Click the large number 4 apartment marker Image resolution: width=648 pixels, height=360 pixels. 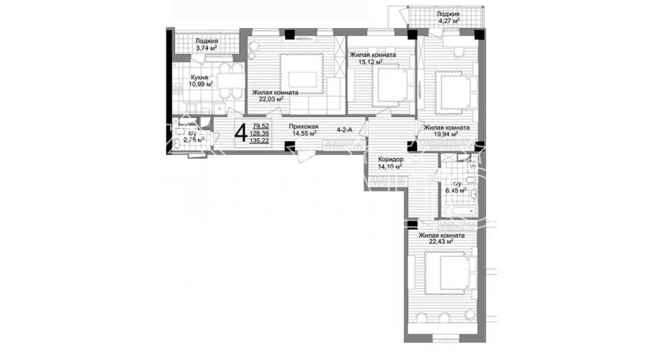point(241,133)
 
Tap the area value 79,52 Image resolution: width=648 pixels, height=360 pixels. point(261,126)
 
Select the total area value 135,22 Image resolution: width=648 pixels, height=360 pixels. point(259,140)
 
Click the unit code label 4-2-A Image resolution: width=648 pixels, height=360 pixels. point(344,130)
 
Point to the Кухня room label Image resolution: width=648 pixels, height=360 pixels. point(199,77)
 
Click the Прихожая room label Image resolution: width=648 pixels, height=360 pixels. point(304,127)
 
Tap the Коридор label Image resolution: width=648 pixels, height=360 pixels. point(391,159)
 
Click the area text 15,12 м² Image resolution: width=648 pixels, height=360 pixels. point(370,62)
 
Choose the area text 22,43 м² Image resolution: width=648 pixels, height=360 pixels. point(441,242)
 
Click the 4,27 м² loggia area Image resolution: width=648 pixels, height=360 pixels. point(448,20)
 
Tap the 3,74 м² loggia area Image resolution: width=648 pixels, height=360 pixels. point(206,48)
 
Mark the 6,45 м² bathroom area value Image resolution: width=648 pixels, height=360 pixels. point(456,190)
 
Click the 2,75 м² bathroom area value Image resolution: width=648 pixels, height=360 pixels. point(194,140)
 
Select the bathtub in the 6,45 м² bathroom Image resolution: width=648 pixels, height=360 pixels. point(459,212)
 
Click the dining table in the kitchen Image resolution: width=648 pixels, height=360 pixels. point(230,81)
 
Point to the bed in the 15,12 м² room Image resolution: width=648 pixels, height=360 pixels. point(393,85)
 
